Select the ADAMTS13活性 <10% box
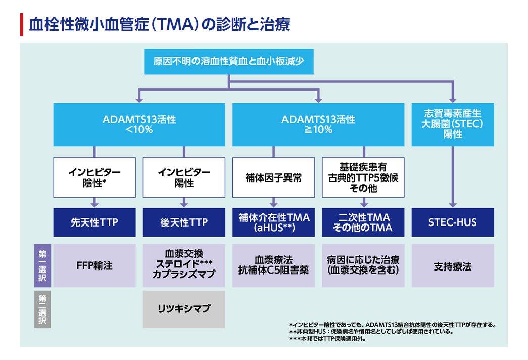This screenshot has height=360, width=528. coord(139,124)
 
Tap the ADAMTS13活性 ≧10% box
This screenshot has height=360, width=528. coord(318,124)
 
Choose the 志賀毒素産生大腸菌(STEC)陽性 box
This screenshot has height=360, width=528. coord(452,124)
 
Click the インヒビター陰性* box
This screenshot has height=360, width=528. coord(94,177)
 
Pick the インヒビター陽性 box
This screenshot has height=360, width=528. coord(184,177)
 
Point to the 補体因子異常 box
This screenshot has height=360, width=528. coord(273,177)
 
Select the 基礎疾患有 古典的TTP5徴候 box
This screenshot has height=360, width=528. coord(363,177)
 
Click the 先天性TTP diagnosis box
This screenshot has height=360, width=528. coord(94,222)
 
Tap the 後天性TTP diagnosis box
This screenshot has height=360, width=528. coord(184,222)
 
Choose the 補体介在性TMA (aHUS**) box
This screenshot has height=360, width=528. coord(273,222)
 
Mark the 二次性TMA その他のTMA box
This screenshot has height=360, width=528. coord(363,222)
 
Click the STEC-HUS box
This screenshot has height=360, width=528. coord(452,222)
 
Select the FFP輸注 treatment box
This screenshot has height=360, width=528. coord(94,266)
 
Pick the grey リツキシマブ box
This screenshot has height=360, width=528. coord(184,309)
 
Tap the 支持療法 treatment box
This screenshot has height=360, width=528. coord(452,266)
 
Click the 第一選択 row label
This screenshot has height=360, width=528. coord(42,266)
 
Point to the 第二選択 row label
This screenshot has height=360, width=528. coord(42,309)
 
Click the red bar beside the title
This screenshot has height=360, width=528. coord(22,24)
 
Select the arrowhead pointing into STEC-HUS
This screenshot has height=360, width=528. coord(452,204)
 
